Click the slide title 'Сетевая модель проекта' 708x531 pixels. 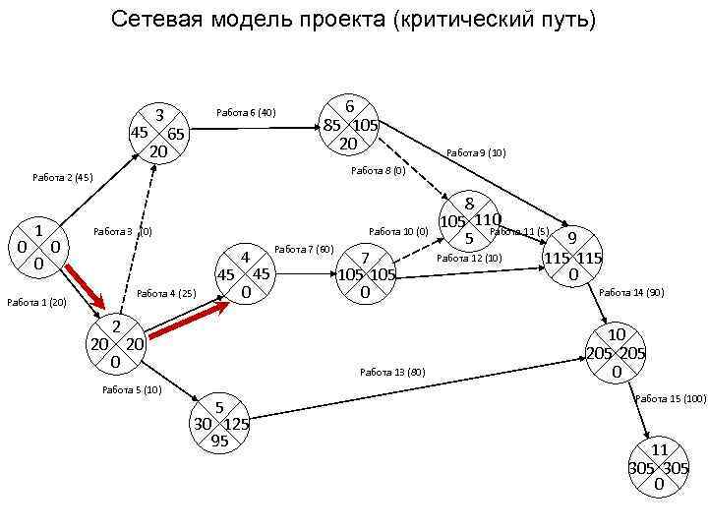click(353, 20)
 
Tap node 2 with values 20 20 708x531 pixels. click(116, 344)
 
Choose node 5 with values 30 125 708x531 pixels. click(220, 424)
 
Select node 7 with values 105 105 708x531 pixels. click(365, 274)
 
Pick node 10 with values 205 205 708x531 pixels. click(615, 353)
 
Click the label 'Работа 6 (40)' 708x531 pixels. click(246, 113)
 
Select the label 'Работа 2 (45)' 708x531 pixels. click(62, 178)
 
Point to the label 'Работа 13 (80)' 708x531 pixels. click(392, 373)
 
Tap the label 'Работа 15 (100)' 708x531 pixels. click(671, 398)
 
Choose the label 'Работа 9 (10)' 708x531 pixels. click(476, 152)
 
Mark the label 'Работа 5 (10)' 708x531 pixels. click(132, 390)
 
